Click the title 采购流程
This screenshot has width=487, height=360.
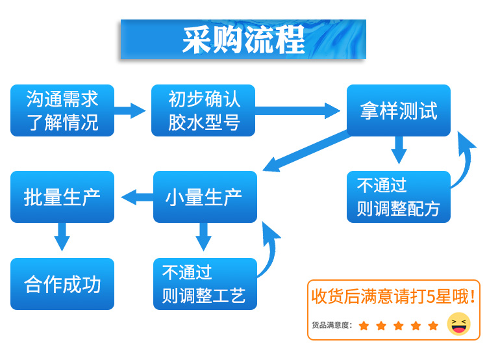click(x=243, y=40)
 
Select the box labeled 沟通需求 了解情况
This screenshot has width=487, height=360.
click(x=62, y=110)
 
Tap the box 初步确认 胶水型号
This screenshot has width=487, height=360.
click(x=203, y=110)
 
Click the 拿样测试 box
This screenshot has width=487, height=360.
click(x=398, y=110)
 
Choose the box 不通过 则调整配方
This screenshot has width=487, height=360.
click(x=398, y=197)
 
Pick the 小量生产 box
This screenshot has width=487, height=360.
click(x=205, y=197)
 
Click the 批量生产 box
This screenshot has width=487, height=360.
click(x=62, y=197)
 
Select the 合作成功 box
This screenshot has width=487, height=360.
click(x=62, y=284)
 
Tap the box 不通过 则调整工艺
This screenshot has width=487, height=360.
click(x=205, y=284)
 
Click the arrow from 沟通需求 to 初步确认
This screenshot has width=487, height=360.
click(x=131, y=110)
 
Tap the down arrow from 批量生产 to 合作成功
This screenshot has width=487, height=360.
click(x=62, y=237)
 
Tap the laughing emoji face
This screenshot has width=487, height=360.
click(x=459, y=324)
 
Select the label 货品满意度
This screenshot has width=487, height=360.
click(x=331, y=325)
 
